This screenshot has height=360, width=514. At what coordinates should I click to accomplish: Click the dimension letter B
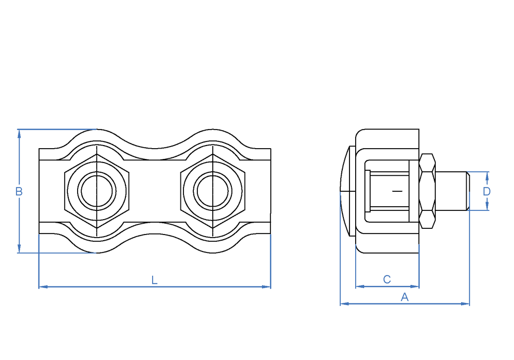click(19, 191)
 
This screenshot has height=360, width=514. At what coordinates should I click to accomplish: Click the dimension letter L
click(154, 280)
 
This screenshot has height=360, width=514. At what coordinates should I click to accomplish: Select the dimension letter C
click(387, 279)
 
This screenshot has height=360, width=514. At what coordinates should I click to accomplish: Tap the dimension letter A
click(405, 297)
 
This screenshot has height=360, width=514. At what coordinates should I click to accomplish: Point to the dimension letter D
click(487, 191)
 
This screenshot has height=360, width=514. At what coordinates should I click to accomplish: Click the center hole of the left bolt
click(97, 191)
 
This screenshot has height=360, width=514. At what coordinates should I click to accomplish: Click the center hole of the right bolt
click(213, 191)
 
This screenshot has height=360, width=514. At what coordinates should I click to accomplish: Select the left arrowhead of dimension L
click(43, 287)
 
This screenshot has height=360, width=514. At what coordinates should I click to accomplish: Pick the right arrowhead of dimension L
click(266, 287)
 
